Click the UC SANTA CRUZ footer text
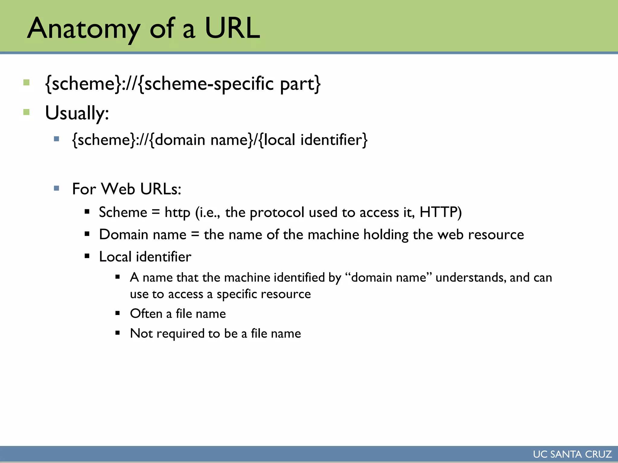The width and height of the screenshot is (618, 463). click(572, 454)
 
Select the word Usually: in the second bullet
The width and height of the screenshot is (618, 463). click(77, 113)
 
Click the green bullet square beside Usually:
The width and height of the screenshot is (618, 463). click(27, 112)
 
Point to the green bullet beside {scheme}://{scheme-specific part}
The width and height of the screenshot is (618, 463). click(27, 82)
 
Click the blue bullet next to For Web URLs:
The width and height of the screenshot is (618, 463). click(56, 188)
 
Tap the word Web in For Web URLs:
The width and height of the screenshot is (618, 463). click(118, 189)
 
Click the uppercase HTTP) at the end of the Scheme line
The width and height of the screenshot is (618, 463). click(441, 212)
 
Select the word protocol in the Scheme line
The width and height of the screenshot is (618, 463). click(277, 213)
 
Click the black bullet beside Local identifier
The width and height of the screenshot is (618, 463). click(87, 256)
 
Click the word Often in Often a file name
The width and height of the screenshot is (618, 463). click(146, 313)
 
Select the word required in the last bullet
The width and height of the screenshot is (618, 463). click(180, 334)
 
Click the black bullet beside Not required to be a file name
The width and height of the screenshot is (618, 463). click(118, 333)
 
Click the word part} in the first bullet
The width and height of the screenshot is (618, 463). click(300, 84)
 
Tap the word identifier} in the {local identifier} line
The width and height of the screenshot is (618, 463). click(334, 140)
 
